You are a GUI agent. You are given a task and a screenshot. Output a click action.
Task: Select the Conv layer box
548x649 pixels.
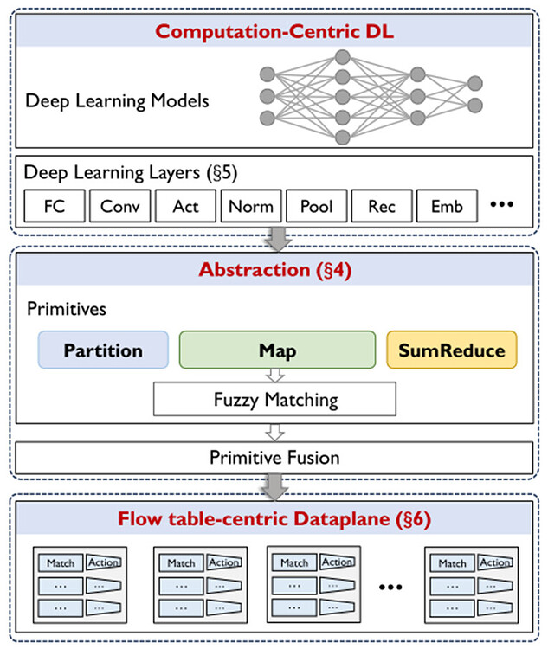click(119, 206)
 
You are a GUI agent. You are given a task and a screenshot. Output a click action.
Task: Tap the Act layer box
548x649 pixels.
click(185, 206)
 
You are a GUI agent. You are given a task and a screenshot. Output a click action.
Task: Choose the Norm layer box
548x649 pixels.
click(251, 206)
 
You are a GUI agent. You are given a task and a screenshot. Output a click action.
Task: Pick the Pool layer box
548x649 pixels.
click(316, 206)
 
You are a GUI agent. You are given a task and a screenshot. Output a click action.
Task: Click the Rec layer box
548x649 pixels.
click(382, 206)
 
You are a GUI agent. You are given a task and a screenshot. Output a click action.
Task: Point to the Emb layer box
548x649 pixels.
click(447, 206)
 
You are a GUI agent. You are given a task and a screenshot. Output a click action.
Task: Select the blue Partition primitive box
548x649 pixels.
click(103, 350)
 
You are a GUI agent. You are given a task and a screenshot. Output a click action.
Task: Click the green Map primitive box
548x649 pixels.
click(277, 350)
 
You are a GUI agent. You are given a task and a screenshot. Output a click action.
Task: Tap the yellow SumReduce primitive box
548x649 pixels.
click(451, 350)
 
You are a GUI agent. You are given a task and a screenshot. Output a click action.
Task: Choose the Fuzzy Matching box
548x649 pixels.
click(274, 401)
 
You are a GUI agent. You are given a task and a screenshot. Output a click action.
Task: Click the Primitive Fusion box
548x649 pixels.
click(274, 457)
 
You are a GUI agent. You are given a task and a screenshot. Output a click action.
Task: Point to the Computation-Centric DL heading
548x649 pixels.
click(274, 34)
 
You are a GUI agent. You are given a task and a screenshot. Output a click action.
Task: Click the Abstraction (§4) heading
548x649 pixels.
click(274, 269)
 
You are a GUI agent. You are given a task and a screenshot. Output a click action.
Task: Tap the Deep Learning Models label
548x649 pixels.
click(117, 100)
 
